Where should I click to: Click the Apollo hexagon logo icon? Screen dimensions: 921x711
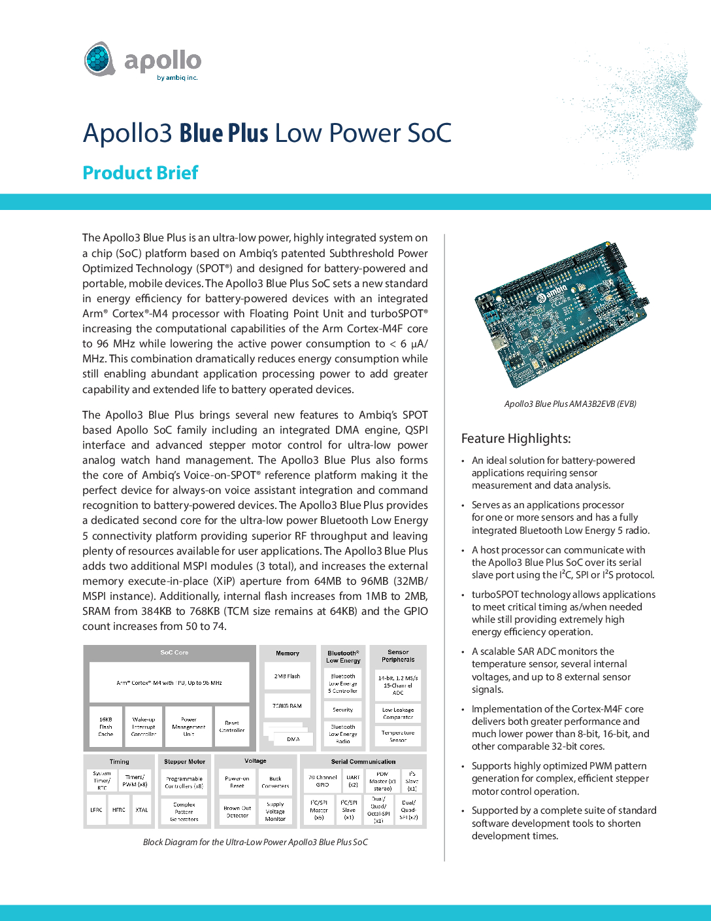pos(100,59)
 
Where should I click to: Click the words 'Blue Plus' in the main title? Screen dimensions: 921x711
pos(223,133)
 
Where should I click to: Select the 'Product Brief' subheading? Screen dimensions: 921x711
pos(141,173)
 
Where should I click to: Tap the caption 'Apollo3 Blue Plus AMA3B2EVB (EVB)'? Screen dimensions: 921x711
pos(570,404)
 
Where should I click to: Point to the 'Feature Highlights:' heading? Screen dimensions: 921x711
pos(516,438)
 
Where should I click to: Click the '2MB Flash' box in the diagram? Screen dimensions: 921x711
pos(288,676)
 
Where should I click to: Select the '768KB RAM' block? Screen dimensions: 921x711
pos(288,706)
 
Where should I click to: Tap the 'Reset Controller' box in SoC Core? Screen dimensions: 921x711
pos(232,726)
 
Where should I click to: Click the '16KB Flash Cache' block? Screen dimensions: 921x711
pos(105,726)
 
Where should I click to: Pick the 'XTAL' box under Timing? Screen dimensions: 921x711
pos(142,810)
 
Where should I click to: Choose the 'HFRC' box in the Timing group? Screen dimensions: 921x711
pos(119,810)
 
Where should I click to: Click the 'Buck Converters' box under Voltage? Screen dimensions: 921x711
pos(275,782)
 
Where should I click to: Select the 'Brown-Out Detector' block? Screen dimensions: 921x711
pos(237,812)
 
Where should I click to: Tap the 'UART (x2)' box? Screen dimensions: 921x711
pos(353,781)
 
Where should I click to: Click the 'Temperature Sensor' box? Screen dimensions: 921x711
pos(398,736)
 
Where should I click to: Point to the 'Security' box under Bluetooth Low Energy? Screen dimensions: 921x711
pos(343,709)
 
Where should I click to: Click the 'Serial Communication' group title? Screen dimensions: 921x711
pos(363,761)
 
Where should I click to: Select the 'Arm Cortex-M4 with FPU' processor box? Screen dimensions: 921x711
pos(169,682)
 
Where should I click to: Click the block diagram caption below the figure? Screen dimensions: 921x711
pos(256,843)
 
